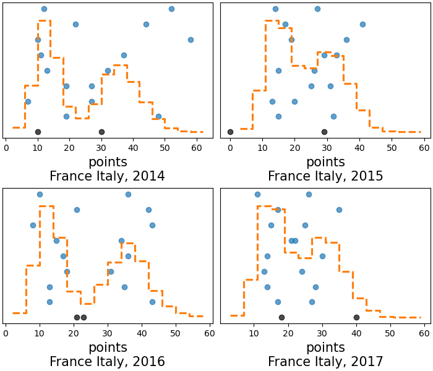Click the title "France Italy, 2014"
pyautogui.click(x=107, y=176)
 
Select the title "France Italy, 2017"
pyautogui.click(x=325, y=362)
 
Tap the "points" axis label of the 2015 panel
pyautogui.click(x=325, y=162)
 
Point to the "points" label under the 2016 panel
pyautogui.click(x=108, y=348)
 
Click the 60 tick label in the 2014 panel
pyautogui.click(x=197, y=148)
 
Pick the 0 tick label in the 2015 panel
pyautogui.click(x=230, y=148)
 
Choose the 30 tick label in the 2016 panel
pyautogui.click(x=108, y=333)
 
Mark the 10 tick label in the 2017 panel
pyautogui.click(x=254, y=333)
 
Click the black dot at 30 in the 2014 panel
pyautogui.click(x=101, y=132)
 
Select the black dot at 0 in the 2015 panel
pyautogui.click(x=230, y=132)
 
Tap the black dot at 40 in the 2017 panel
pyautogui.click(x=356, y=317)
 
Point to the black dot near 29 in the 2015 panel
pyautogui.click(x=324, y=132)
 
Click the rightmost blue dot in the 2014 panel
pyautogui.click(x=191, y=40)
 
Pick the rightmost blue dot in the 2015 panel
pyautogui.click(x=362, y=24)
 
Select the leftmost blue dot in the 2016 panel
pyautogui.click(x=33, y=225)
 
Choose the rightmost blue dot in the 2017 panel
pyautogui.click(x=339, y=210)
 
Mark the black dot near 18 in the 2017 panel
pyautogui.click(x=281, y=317)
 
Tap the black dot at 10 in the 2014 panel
pyautogui.click(x=38, y=132)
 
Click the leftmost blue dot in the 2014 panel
pyautogui.click(x=28, y=101)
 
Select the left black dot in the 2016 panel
pyautogui.click(x=77, y=317)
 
